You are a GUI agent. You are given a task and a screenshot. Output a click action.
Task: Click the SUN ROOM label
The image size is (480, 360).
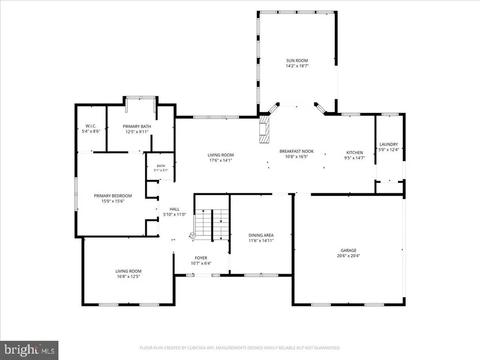tap(297, 60)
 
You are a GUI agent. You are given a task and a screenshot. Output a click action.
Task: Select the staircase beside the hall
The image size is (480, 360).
tap(212, 224)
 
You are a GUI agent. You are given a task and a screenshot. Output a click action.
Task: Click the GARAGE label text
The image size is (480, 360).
tap(348, 250)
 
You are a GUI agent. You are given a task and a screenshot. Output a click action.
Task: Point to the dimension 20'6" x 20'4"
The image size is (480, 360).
tap(348, 255)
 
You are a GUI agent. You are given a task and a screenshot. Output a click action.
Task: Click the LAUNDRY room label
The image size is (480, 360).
tap(389, 144)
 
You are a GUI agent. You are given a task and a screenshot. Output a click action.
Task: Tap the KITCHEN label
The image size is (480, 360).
tap(354, 152)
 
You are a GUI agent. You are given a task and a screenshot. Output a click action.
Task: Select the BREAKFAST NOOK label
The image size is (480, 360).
tap(296, 151)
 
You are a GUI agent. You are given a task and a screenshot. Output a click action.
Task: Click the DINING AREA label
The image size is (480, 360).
tap(261, 235)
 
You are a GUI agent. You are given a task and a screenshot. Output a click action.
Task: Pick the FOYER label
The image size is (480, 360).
tap(201, 258)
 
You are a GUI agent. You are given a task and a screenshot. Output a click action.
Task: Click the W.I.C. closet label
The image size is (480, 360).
tap(90, 126)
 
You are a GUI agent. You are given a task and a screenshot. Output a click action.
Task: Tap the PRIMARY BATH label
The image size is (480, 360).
tap(137, 127)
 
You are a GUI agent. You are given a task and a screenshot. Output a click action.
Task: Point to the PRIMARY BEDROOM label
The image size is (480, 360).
tap(112, 196)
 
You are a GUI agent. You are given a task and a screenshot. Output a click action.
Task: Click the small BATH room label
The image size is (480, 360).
tap(161, 166)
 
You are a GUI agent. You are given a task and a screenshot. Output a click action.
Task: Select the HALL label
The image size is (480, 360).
tap(174, 210)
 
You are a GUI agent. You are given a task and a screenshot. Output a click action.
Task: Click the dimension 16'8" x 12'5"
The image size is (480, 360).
tap(128, 277)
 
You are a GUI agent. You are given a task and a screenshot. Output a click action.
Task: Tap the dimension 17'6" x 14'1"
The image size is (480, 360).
tap(220, 160)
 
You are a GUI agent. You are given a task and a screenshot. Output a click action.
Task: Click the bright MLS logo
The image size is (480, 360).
tap(29, 350)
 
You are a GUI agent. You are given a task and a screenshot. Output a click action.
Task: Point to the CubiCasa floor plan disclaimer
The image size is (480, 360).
tap(240, 348)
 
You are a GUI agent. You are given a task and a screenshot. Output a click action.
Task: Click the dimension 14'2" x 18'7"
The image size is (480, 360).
tap(297, 66)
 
